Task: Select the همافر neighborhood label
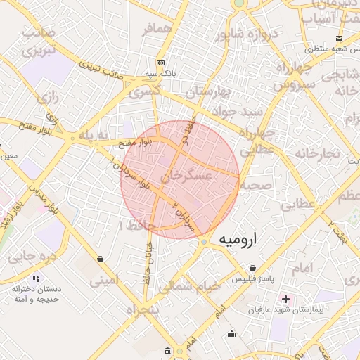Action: tap(157, 30)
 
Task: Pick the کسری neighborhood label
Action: tap(145, 91)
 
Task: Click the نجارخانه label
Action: tap(317, 153)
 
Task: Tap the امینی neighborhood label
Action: tap(105, 282)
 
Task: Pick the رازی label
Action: tap(49, 98)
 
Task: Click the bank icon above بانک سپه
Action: tap(161, 61)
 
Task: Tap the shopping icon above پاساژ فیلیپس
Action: tap(253, 268)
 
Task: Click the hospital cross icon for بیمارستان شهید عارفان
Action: tap(285, 299)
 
